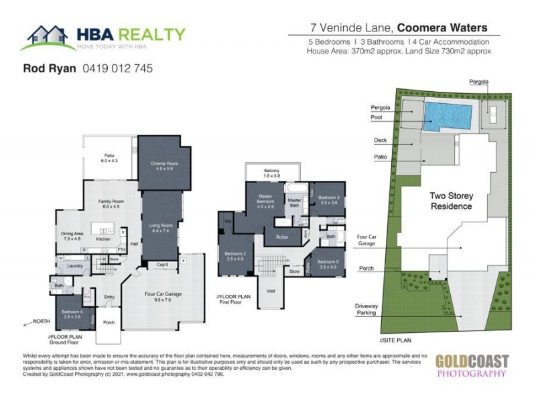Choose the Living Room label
(163, 227)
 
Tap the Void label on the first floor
(272, 291)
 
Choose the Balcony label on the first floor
(271, 171)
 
